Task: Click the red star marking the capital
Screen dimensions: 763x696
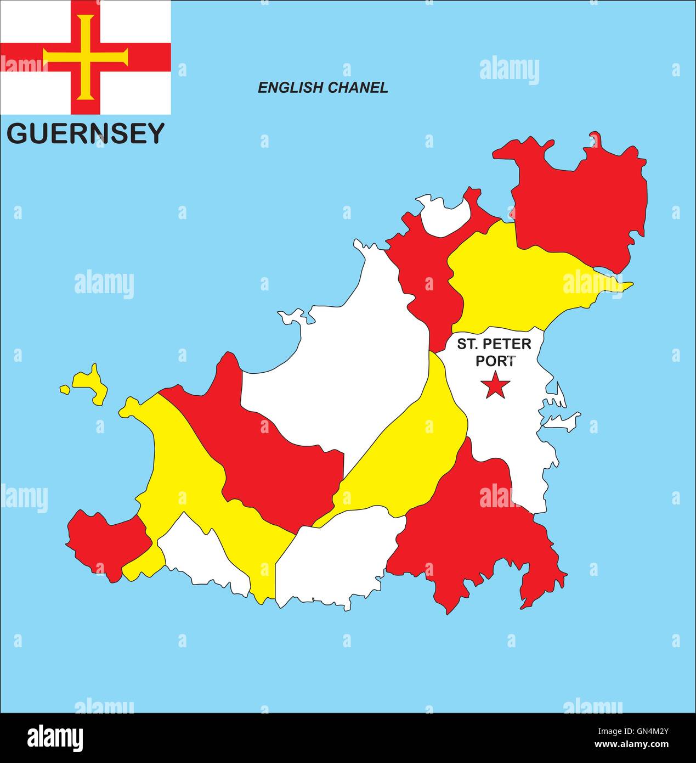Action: [x=495, y=385]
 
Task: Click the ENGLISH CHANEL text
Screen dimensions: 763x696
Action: [x=323, y=87]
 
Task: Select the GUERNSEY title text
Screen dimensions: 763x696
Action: [x=86, y=133]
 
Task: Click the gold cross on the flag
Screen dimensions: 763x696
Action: [x=86, y=57]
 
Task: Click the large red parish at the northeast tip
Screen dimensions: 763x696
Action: [x=581, y=209]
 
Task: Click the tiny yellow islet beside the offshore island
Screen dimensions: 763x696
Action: [x=65, y=390]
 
